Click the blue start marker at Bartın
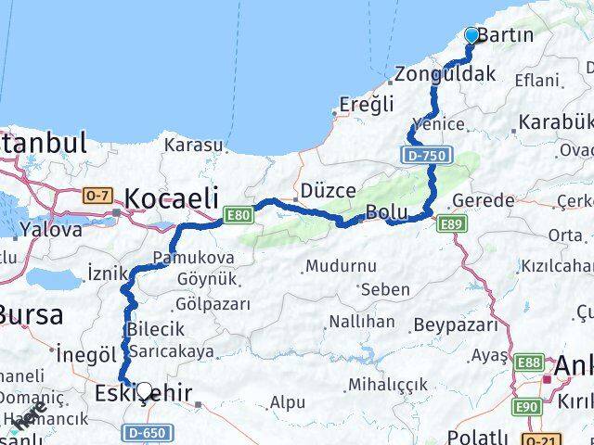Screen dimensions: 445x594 [x=471, y=36]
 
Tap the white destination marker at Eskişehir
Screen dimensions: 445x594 [x=144, y=391]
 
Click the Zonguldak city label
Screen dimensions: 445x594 [x=445, y=74]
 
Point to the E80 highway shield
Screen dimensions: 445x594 [x=238, y=217]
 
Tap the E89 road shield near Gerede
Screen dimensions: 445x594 [x=453, y=223]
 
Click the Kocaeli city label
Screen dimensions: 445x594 [x=172, y=197]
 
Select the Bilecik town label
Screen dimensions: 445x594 [x=156, y=329]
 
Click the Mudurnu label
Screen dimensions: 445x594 [x=340, y=266]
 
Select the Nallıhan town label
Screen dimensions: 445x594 [x=362, y=322]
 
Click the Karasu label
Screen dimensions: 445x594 [x=194, y=145]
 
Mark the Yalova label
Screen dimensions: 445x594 [x=51, y=229]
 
